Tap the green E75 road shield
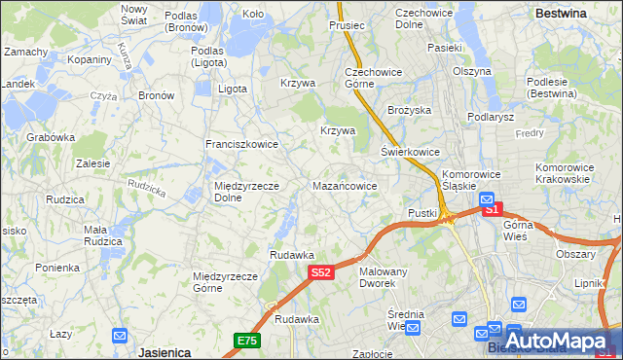246,340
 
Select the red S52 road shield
323,273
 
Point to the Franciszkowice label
241,144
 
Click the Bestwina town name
561,14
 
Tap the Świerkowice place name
410,153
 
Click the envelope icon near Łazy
120,336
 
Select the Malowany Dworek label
383,276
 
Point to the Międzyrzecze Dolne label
247,191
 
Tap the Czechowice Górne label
368,78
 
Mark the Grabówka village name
51,137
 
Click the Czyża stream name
103,96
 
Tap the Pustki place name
421,212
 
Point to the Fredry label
530,132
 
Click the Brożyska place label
409,110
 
